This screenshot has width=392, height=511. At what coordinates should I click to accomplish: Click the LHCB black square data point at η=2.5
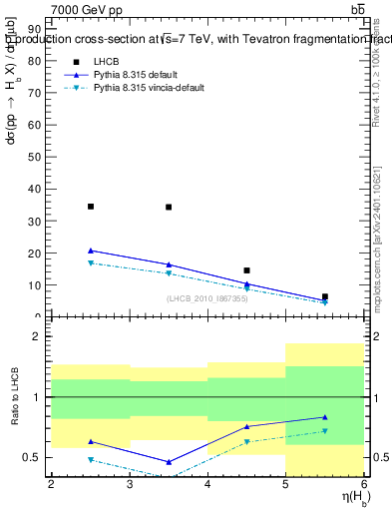coord(91,207)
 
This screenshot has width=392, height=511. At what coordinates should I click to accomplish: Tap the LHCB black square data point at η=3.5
coord(169,208)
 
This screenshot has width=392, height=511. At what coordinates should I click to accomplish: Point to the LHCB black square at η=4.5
coord(246,270)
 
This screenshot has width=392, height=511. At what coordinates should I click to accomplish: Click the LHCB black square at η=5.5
coord(325,296)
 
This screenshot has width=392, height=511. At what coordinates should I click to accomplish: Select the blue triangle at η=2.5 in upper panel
coord(91,251)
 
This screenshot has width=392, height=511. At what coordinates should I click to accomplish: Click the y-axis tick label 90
coord(36,29)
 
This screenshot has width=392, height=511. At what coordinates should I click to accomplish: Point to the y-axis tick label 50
coord(36,157)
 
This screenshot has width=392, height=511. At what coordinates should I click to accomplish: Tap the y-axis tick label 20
coord(36,254)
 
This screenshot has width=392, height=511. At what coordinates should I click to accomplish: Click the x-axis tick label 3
coord(130,483)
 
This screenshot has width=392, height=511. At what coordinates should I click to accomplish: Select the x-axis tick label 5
coord(286,483)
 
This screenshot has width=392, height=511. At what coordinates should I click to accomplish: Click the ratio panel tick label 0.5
coord(33,457)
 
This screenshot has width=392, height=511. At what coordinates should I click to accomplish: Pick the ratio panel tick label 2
coord(39,336)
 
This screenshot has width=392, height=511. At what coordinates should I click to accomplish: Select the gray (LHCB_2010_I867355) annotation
coord(207,298)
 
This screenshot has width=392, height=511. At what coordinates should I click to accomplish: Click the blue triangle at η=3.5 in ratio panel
coord(169,462)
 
